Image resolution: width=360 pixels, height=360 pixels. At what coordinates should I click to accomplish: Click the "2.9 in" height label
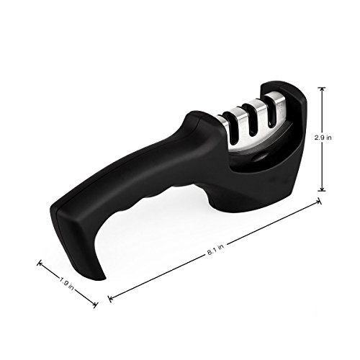pos(323,138)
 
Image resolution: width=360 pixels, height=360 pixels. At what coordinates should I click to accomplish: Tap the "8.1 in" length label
pos(215,250)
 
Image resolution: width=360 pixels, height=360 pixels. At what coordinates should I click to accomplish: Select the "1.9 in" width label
pos(66,284)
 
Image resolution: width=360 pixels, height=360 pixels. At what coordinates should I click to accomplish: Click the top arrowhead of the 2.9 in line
pos(322,89)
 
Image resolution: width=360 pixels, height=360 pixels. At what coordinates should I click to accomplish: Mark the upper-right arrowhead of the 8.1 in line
pos(320,202)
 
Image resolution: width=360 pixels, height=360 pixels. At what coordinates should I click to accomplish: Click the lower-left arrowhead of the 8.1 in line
pos(110,298)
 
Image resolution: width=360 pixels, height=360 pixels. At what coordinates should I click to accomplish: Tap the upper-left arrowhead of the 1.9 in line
pos(39,264)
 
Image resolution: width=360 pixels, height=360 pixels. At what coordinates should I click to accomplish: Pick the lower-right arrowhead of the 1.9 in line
pos(96,305)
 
